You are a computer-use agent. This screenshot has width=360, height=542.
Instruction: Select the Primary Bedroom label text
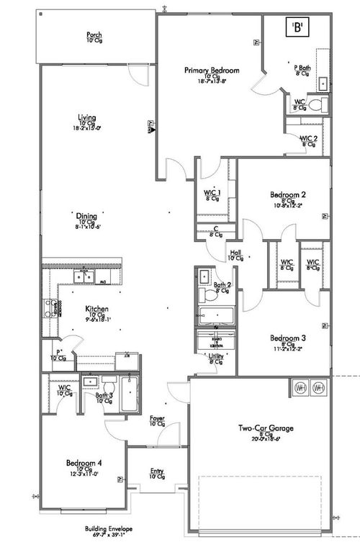[211, 70]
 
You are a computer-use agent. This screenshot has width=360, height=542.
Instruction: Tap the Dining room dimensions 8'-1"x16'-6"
[89, 226]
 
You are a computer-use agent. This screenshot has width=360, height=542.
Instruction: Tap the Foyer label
[157, 418]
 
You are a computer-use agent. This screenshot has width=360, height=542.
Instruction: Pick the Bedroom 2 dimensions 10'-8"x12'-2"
[289, 205]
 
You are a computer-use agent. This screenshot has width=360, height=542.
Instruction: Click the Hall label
[235, 253]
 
